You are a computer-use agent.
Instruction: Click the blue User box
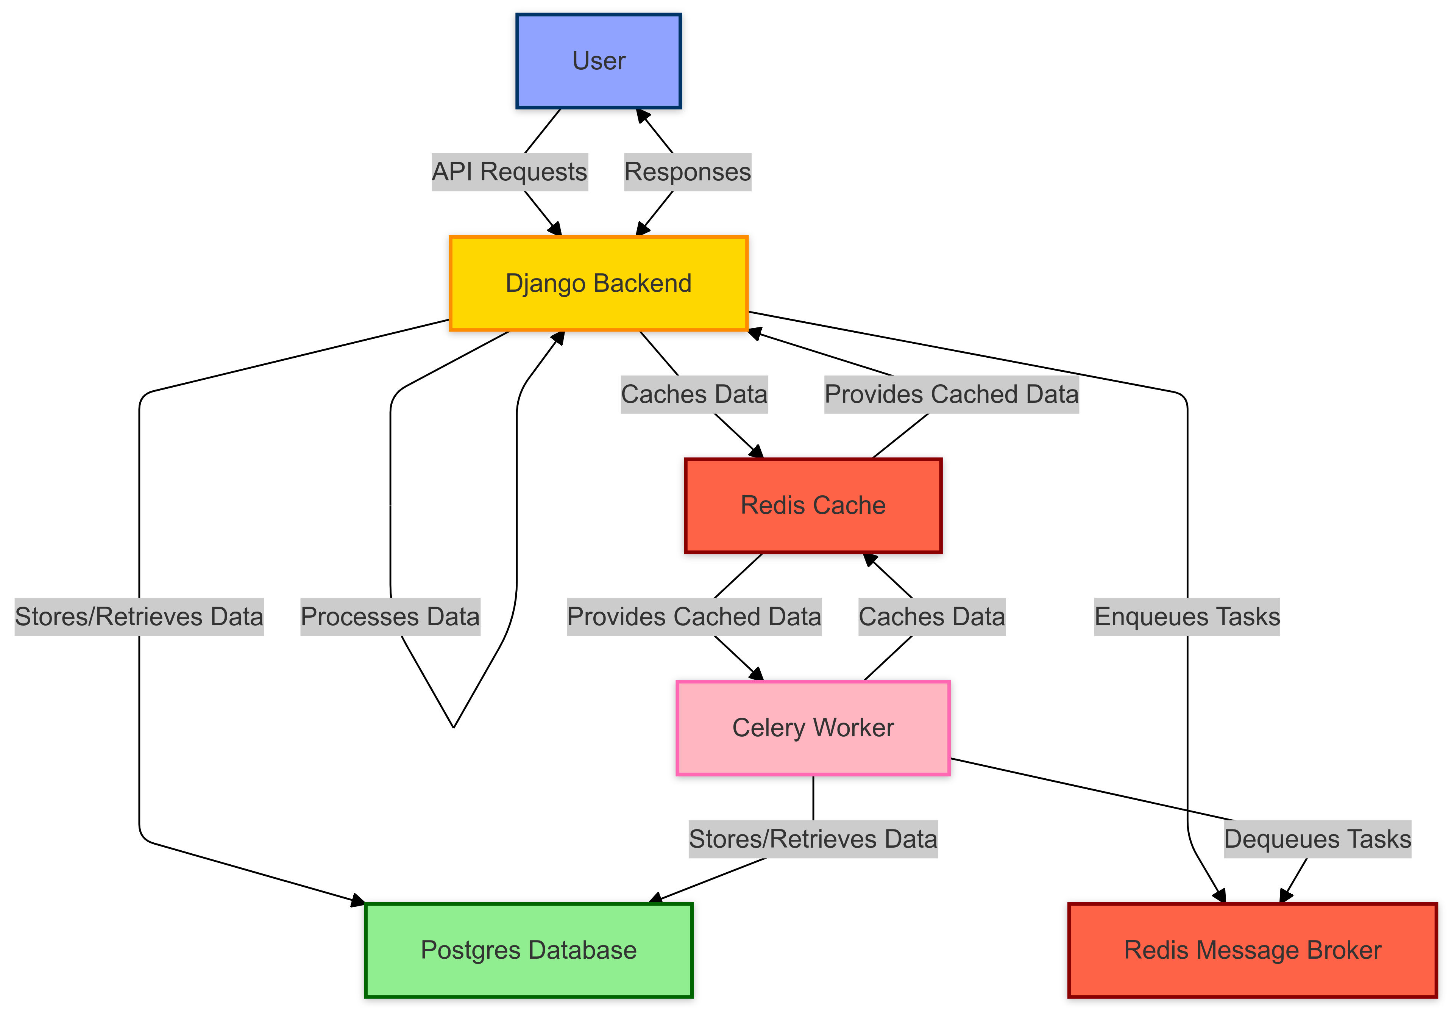click(x=598, y=61)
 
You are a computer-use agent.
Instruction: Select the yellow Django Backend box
click(x=598, y=283)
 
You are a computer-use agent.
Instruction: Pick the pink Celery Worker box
click(x=813, y=728)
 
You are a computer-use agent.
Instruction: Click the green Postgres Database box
click(x=529, y=950)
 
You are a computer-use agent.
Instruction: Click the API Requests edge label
click(x=510, y=172)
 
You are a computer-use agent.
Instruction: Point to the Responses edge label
click(x=688, y=172)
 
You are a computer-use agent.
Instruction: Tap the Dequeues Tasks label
click(x=1317, y=839)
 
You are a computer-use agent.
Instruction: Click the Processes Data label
click(x=390, y=617)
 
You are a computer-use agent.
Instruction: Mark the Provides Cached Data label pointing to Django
click(x=951, y=394)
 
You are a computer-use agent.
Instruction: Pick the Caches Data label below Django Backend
click(x=694, y=394)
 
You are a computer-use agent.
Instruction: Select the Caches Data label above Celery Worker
click(x=931, y=617)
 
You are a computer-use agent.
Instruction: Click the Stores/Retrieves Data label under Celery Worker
click(x=813, y=839)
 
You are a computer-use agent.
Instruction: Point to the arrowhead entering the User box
click(x=642, y=115)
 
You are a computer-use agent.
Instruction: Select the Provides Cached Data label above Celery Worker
click(x=694, y=617)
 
